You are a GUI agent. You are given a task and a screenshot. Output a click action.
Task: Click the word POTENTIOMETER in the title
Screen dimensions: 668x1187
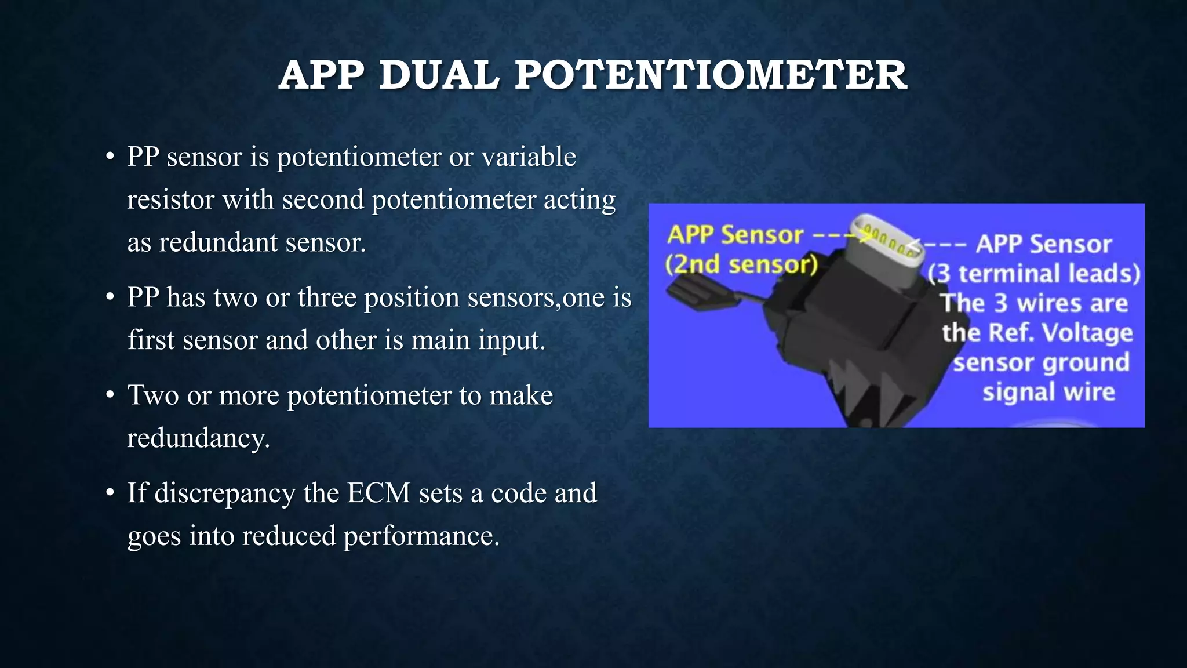(711, 76)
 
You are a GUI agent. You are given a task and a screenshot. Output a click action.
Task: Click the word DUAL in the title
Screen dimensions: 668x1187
(439, 76)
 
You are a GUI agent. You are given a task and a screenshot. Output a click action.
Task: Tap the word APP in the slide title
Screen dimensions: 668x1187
(321, 76)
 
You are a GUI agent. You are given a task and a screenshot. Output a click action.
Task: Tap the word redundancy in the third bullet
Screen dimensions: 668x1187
(198, 438)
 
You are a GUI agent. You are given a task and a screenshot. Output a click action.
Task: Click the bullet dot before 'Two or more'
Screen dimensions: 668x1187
(110, 396)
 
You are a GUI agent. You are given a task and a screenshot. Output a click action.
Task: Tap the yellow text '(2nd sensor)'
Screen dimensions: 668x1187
(741, 264)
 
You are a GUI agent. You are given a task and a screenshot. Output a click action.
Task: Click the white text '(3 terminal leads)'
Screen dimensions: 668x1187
(1033, 274)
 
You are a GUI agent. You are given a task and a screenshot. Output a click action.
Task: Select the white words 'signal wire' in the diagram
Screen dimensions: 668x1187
(1048, 392)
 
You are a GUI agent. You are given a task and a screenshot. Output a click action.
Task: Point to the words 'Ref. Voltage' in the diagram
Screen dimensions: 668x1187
(1060, 333)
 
